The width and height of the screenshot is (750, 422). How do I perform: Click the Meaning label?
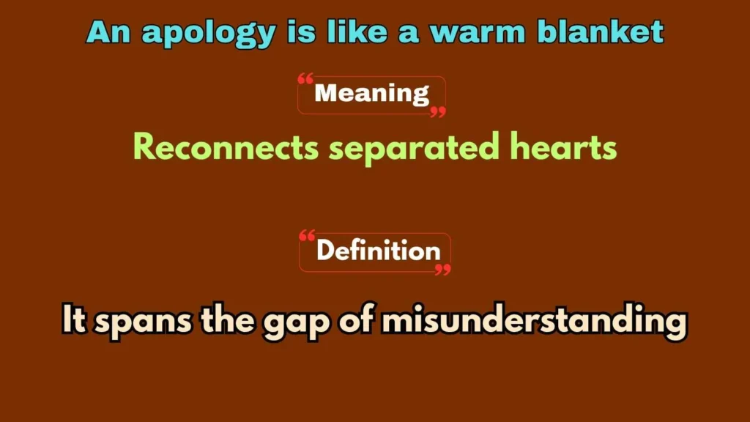[371, 94]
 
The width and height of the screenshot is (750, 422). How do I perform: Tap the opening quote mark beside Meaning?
[305, 78]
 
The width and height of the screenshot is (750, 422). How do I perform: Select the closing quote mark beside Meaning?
[437, 111]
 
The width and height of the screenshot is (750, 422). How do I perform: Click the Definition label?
[378, 251]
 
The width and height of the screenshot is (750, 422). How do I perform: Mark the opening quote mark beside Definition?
[308, 236]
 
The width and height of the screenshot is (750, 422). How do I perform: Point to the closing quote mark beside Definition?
[442, 270]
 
